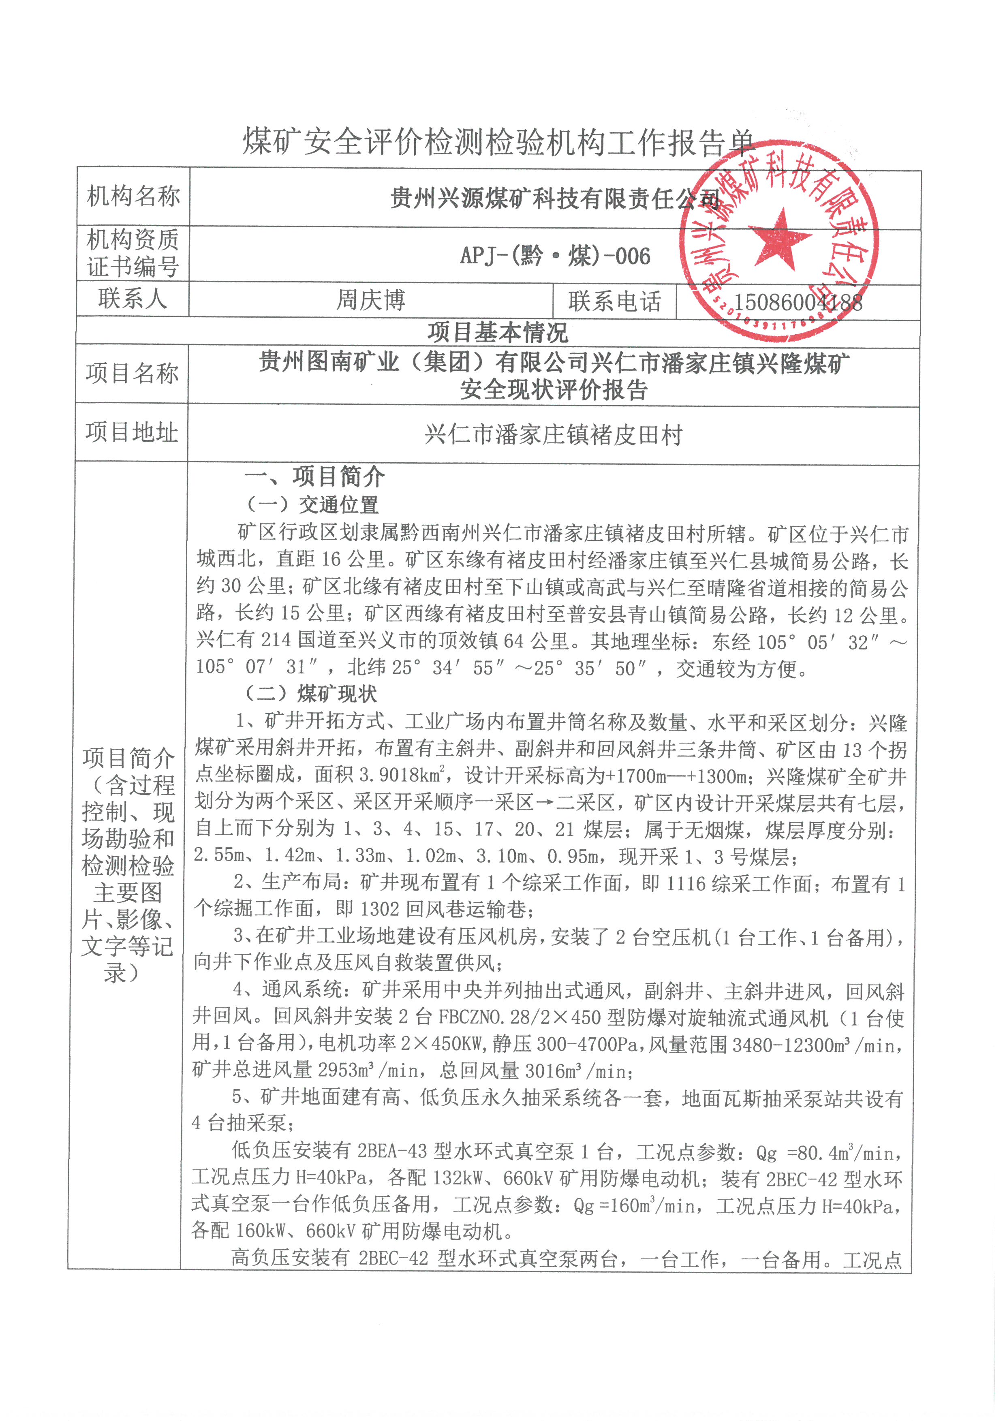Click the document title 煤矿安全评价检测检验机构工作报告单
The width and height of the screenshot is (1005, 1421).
click(498, 142)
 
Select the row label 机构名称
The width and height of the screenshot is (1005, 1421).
click(133, 196)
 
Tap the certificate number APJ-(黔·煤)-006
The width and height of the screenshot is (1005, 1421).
click(555, 256)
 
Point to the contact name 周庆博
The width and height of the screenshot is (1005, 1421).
click(371, 300)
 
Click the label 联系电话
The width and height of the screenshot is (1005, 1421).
click(614, 301)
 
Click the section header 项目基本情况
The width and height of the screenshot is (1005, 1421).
click(498, 332)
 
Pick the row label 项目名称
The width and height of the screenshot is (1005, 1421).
click(132, 373)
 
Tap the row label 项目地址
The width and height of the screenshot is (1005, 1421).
click(131, 432)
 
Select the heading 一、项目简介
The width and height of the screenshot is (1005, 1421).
click(314, 477)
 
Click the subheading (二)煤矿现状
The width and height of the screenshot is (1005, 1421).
click(311, 694)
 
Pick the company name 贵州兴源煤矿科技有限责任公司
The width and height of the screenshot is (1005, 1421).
click(555, 199)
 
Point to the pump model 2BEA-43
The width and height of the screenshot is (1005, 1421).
click(392, 1151)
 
